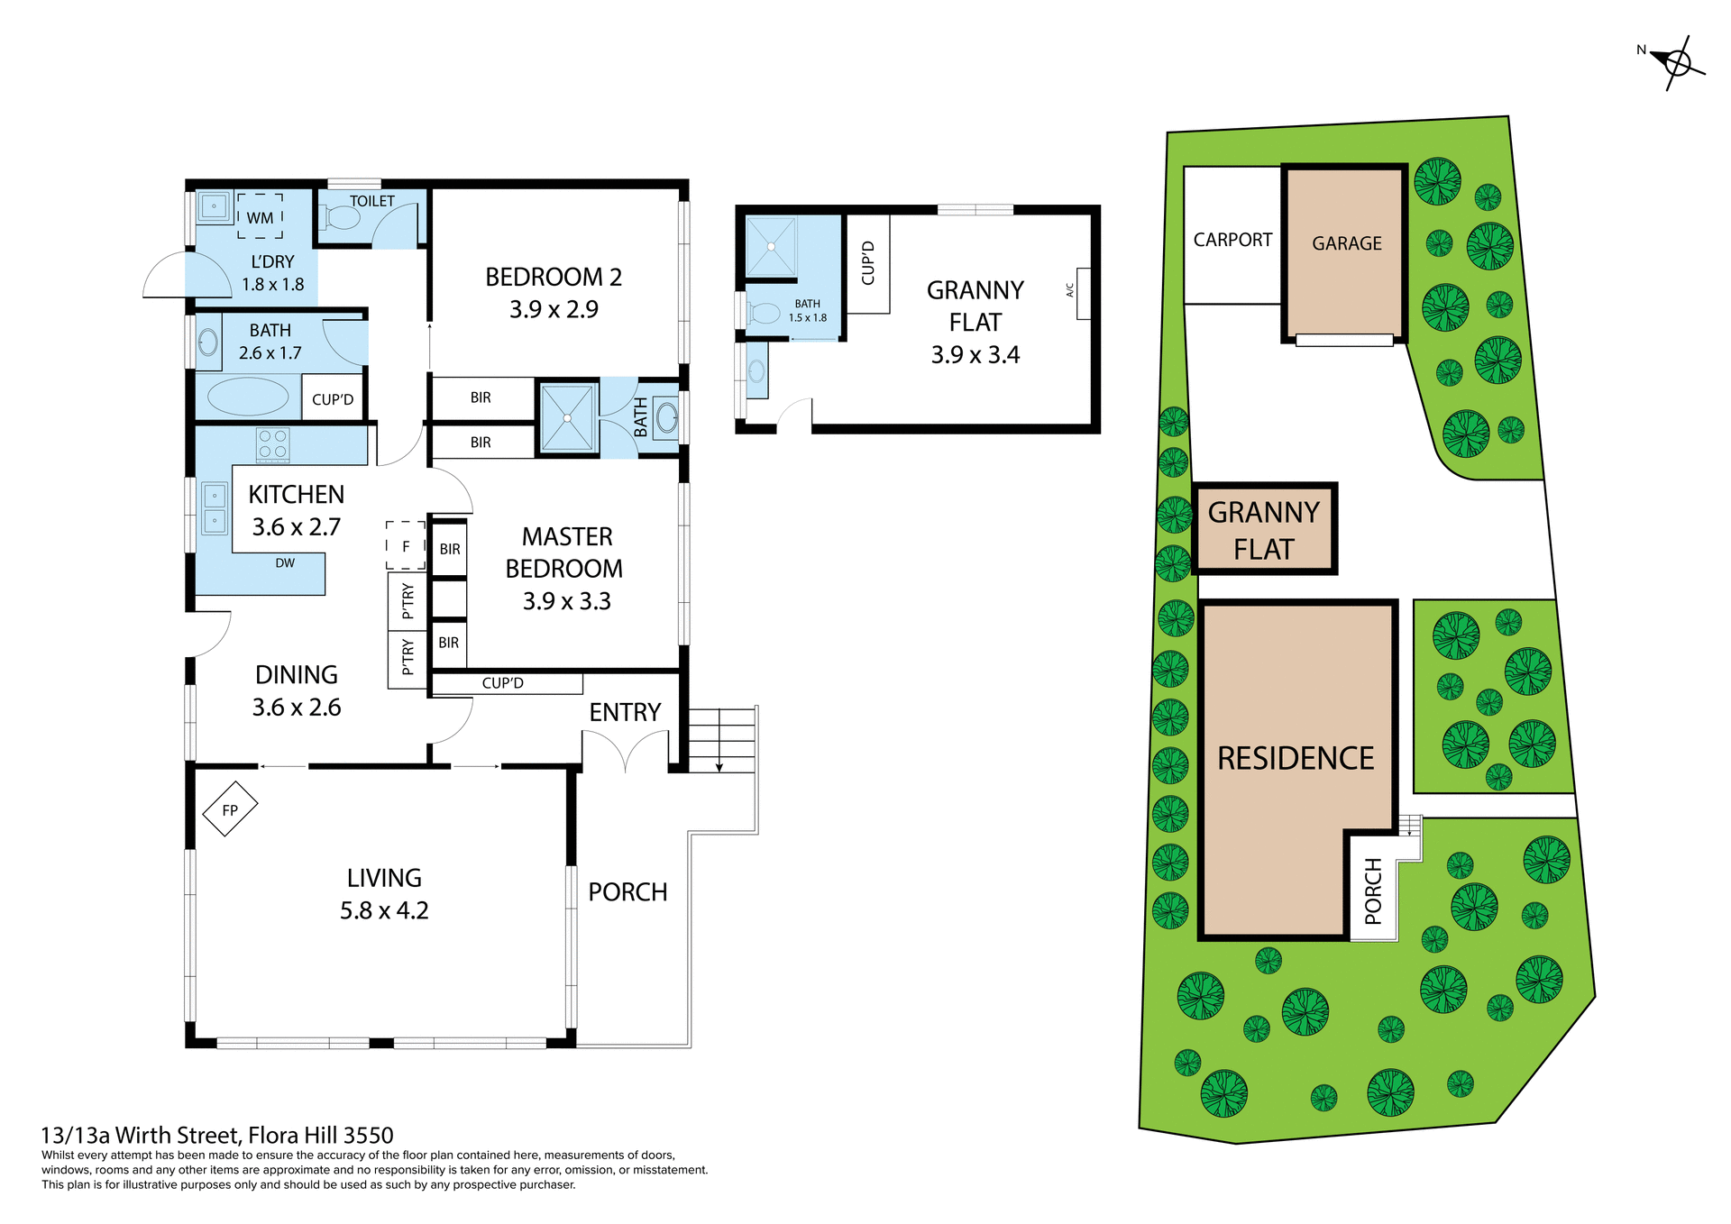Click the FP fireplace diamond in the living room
coord(230,809)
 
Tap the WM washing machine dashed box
coord(260,216)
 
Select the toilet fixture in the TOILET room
coord(342,217)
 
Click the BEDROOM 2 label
coord(553,277)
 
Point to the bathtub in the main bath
coord(248,397)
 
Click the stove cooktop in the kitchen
coord(273,444)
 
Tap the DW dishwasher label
coord(285,563)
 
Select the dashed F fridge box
coord(406,545)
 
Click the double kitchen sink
coord(215,508)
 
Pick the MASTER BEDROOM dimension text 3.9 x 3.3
coord(566,601)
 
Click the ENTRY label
coord(625,712)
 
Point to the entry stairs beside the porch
coord(721,739)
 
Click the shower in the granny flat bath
coord(771,246)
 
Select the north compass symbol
coord(1676,63)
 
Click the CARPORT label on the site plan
coord(1232,240)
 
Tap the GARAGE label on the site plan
coord(1346,243)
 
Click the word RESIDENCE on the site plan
coord(1296,758)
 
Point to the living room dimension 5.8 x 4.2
coord(384,910)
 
